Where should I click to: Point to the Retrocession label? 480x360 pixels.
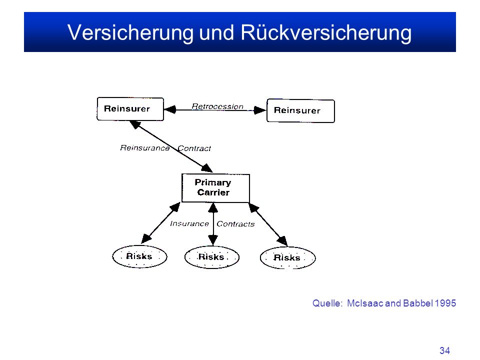[x=217, y=106]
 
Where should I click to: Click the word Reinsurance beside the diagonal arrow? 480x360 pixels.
[x=145, y=148]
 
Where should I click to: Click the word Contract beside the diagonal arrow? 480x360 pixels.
[x=194, y=148]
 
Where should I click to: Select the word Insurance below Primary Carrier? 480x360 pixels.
[x=189, y=224]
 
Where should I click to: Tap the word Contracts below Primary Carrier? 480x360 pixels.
[x=235, y=224]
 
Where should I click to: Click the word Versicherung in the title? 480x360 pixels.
[x=130, y=32]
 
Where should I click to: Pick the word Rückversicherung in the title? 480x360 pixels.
[x=326, y=32]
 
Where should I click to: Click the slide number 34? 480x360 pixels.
[x=444, y=350]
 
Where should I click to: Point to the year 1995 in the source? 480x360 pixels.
[x=445, y=303]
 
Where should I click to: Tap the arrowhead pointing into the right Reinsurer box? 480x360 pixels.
[x=260, y=110]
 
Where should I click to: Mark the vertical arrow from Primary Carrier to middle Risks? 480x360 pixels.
[x=213, y=224]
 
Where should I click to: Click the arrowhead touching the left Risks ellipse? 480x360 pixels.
[x=146, y=238]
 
